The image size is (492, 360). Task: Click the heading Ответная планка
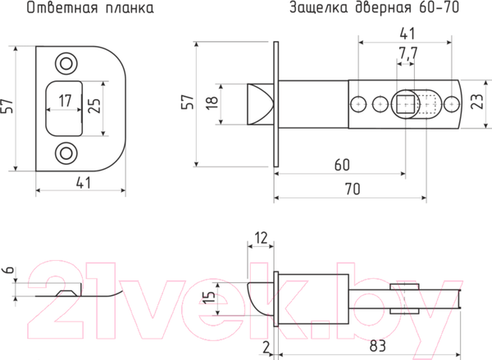(x=80, y=10)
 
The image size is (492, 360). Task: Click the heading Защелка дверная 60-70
(x=373, y=10)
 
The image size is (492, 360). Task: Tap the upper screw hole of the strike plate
(x=65, y=62)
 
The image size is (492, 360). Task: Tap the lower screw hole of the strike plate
(x=65, y=153)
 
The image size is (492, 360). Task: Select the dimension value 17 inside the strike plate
(x=64, y=104)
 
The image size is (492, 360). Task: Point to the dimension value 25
(x=94, y=106)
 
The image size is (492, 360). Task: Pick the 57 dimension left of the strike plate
(x=8, y=106)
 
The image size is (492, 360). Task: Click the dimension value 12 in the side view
(x=262, y=237)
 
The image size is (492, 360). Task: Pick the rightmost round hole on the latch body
(x=450, y=104)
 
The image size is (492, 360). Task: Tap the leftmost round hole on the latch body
(x=358, y=104)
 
